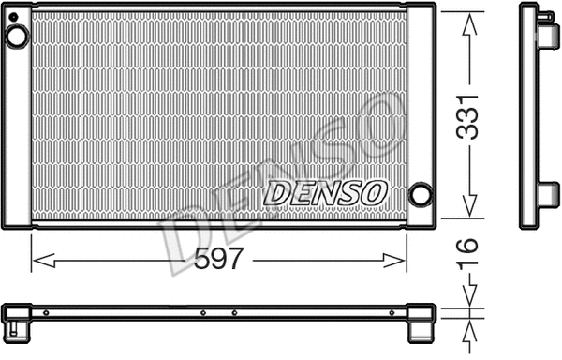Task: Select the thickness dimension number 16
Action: (x=468, y=256)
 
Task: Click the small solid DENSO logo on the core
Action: (x=325, y=192)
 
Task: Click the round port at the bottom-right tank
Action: (x=421, y=195)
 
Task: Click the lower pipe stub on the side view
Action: (x=545, y=192)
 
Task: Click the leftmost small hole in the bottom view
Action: (x=46, y=312)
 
